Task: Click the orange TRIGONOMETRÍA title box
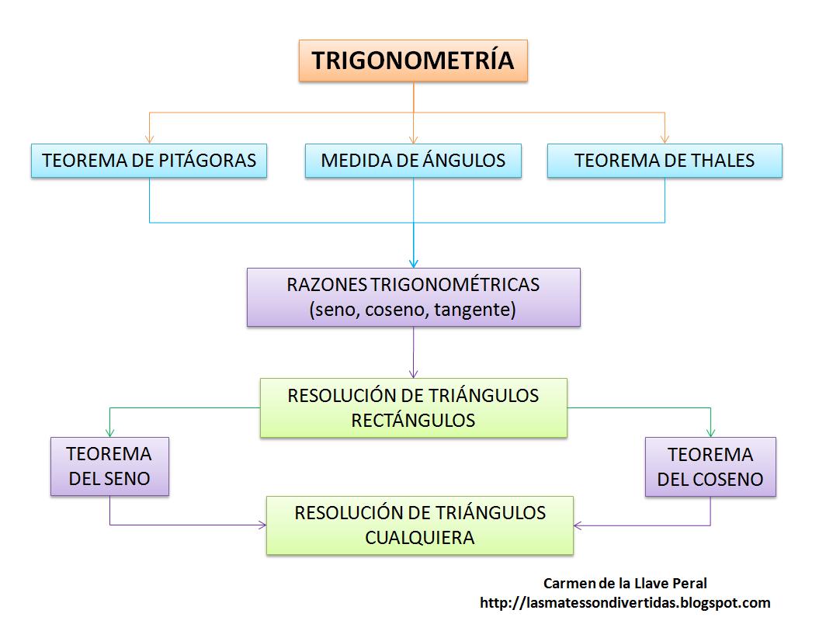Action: [x=413, y=61]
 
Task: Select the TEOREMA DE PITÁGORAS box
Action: [x=149, y=161]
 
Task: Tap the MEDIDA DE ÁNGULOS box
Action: [x=413, y=161]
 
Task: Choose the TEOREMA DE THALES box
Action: [x=665, y=161]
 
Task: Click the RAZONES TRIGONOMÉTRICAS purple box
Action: [x=413, y=297]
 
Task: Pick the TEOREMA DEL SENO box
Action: [x=109, y=466]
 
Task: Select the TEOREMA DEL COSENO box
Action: [x=710, y=466]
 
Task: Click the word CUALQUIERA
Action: [x=419, y=538]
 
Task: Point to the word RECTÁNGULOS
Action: [x=413, y=420]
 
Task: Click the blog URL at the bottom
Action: [x=625, y=603]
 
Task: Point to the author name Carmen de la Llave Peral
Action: [x=625, y=583]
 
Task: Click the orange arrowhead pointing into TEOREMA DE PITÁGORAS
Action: [x=149, y=139]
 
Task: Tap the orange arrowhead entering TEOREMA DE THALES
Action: [x=665, y=139]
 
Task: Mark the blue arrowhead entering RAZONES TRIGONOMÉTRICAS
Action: [x=414, y=263]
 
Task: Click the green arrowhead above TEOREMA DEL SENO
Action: [x=109, y=432]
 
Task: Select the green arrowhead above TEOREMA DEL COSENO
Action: [x=710, y=432]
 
